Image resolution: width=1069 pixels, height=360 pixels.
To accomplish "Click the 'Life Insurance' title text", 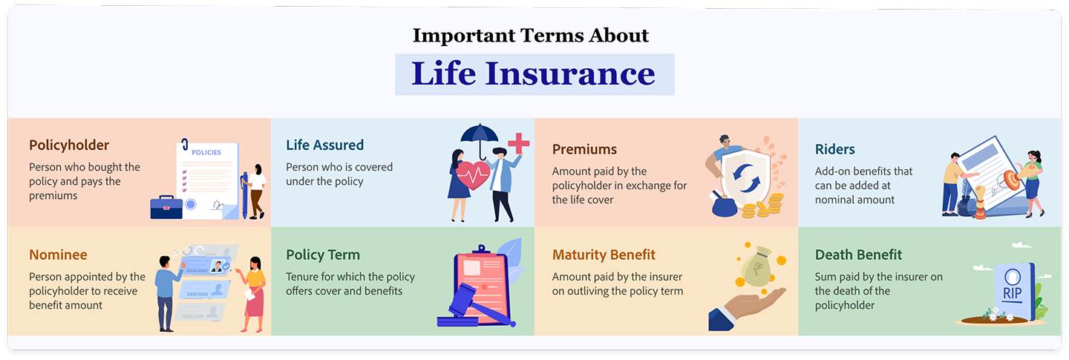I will [534, 74].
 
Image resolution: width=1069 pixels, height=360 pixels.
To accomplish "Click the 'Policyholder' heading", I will [69, 145].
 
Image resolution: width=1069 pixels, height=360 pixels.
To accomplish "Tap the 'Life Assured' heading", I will [324, 145].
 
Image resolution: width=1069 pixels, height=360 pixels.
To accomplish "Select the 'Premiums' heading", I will [584, 149].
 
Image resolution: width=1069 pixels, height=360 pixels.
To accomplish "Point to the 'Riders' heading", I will [834, 149].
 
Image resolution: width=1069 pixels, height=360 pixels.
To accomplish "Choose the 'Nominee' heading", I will [58, 255].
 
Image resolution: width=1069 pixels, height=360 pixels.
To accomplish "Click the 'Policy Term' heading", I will [322, 255].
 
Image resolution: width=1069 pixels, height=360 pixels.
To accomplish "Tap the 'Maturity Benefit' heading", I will [604, 255].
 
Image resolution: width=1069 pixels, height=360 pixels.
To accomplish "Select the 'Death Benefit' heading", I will [858, 255].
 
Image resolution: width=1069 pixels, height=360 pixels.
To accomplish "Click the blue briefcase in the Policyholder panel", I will [166, 208].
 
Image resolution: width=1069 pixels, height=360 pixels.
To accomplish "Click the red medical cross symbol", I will [518, 143].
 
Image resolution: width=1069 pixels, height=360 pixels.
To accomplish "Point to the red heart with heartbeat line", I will [472, 176].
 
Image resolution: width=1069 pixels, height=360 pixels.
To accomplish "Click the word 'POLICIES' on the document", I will [206, 152].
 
